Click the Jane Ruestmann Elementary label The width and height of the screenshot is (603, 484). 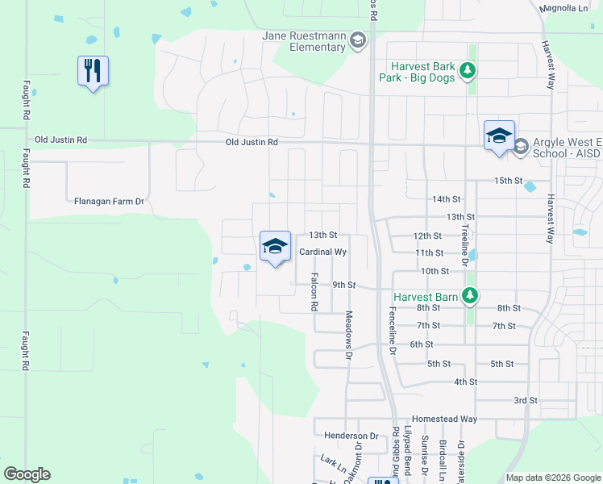coord(305,41)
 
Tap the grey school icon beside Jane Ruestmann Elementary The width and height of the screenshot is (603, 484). coord(359,42)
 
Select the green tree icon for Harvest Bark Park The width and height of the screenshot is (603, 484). coord(467,73)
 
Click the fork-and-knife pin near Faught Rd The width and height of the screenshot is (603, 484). coord(93,71)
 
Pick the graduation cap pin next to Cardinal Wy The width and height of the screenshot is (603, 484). coord(275,246)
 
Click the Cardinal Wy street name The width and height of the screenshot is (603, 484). coord(322,252)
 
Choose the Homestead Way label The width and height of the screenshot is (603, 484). coord(444,419)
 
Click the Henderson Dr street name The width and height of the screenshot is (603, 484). coord(351,436)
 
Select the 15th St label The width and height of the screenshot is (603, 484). coord(509,181)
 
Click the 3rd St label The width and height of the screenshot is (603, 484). coord(526,400)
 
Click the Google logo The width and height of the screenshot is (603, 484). coord(27,474)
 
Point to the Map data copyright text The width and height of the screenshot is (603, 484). coord(552,478)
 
